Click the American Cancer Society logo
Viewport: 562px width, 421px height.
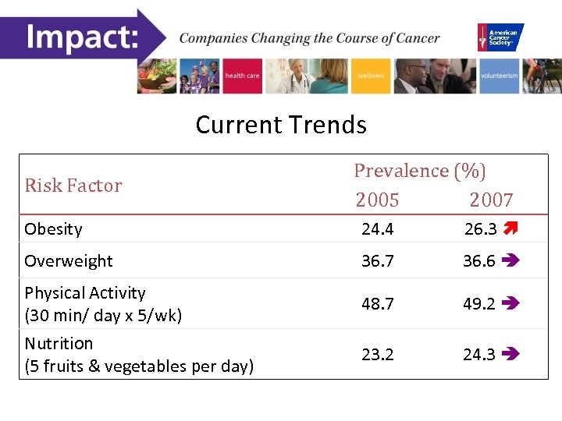tap(500, 37)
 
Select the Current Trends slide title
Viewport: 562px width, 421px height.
tap(281, 125)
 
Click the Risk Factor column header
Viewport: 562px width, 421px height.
tap(73, 186)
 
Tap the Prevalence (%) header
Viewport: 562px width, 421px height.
tap(420, 171)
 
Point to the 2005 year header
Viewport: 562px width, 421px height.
tap(377, 200)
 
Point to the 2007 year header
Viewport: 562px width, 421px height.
tap(491, 200)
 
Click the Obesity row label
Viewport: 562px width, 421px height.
tap(53, 229)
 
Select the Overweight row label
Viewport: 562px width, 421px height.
tap(69, 261)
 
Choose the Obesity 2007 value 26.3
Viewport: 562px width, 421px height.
tap(479, 229)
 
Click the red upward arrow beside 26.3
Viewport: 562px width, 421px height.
tap(511, 229)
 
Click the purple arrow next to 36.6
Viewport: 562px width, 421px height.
tap(512, 261)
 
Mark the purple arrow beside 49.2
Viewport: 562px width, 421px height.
tap(512, 303)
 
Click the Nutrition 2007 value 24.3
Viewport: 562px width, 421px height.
tap(479, 354)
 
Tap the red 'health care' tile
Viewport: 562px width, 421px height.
tap(243, 76)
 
